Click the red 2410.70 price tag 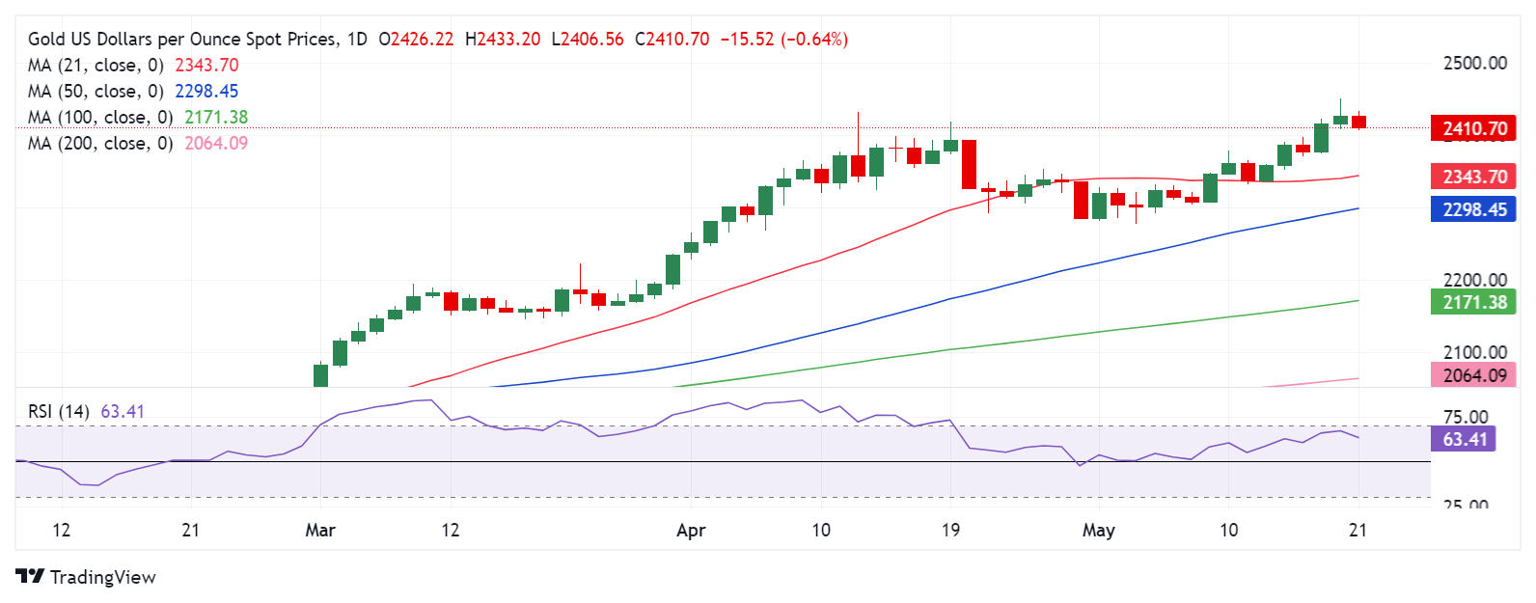click(1473, 128)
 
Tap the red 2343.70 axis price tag click(1473, 177)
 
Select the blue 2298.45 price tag click(1473, 209)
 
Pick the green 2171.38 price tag click(1473, 302)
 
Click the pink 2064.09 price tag click(1473, 375)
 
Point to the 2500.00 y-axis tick click(1474, 64)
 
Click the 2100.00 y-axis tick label click(1474, 352)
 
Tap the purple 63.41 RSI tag click(1465, 440)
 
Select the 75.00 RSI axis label click(1465, 418)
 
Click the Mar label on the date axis click(320, 531)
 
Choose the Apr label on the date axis click(691, 531)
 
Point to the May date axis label click(1098, 531)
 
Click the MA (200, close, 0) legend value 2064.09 click(216, 144)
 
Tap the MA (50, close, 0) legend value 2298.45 click(206, 92)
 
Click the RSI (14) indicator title click(58, 412)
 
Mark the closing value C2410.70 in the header click(672, 40)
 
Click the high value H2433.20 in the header click(503, 40)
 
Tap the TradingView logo click(86, 577)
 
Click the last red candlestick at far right click(1358, 122)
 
